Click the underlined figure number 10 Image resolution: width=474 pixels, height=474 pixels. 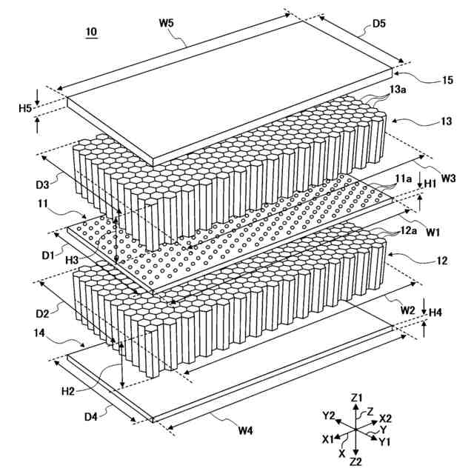tap(91, 32)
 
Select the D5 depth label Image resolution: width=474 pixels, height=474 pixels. tap(378, 24)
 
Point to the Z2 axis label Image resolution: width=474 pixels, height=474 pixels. tap(355, 461)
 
